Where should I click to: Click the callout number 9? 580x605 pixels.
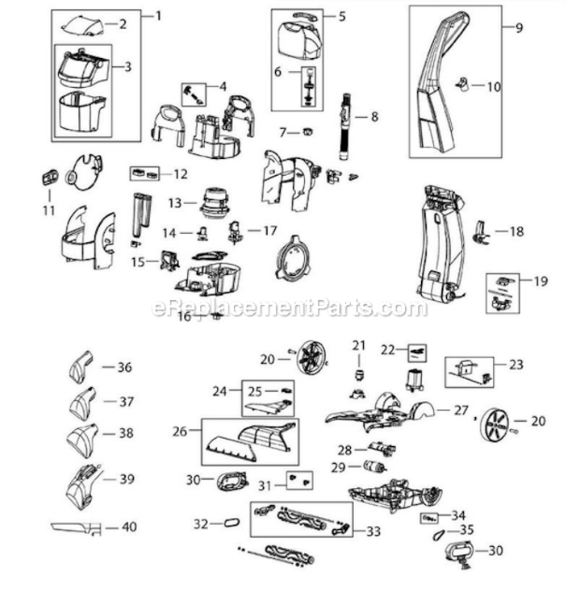pos(519,27)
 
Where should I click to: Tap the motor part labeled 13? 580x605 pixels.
pos(215,203)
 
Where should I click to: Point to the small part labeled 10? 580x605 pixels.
pos(463,84)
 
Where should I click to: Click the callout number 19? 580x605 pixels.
pos(540,281)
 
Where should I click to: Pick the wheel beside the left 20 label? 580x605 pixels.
pos(312,357)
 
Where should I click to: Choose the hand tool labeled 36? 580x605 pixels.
pos(81,367)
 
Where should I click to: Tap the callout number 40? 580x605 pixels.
pos(129,527)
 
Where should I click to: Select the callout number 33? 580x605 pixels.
pos(373,532)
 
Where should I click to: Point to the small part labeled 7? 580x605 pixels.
pos(307,132)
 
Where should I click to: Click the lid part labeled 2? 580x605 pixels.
pos(82,27)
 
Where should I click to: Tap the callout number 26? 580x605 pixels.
pos(179,432)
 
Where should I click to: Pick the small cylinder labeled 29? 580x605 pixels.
pos(374,466)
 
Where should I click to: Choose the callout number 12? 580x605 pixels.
pos(181,174)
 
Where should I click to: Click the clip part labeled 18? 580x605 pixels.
pos(480,232)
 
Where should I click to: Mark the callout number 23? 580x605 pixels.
pos(516,365)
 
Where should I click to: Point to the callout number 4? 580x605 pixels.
pos(223,87)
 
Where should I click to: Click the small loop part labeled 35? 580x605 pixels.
pos(438,535)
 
